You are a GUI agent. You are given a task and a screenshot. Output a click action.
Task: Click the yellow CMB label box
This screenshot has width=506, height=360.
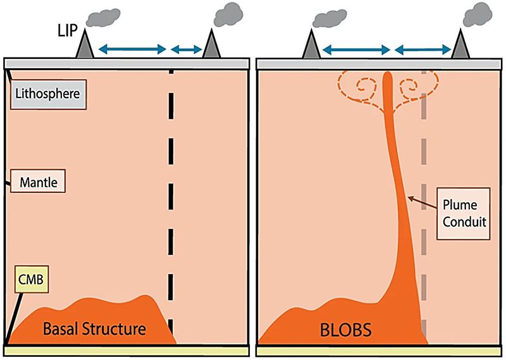coord(29,276)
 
